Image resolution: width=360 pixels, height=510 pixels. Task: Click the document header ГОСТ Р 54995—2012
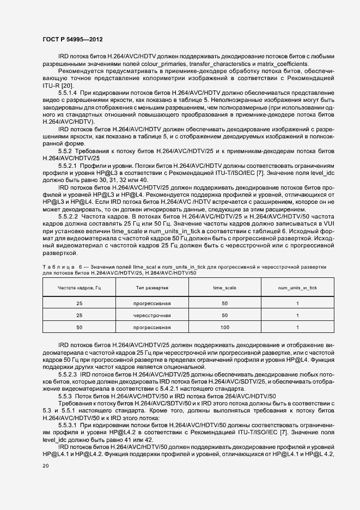click(72, 40)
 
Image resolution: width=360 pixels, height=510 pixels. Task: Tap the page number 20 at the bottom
click(46, 466)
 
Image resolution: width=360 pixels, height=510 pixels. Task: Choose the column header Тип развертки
click(152, 287)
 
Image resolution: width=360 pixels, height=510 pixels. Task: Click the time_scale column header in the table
click(224, 287)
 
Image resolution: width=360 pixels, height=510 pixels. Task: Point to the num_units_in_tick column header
click(297, 287)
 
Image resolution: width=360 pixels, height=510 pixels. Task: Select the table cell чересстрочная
click(152, 315)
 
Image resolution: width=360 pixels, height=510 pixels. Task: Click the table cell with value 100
click(224, 327)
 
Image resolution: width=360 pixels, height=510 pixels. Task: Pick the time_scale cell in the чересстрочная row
click(224, 315)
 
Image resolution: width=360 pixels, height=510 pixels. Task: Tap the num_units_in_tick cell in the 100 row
click(297, 327)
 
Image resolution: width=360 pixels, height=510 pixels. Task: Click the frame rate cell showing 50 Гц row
click(80, 327)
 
